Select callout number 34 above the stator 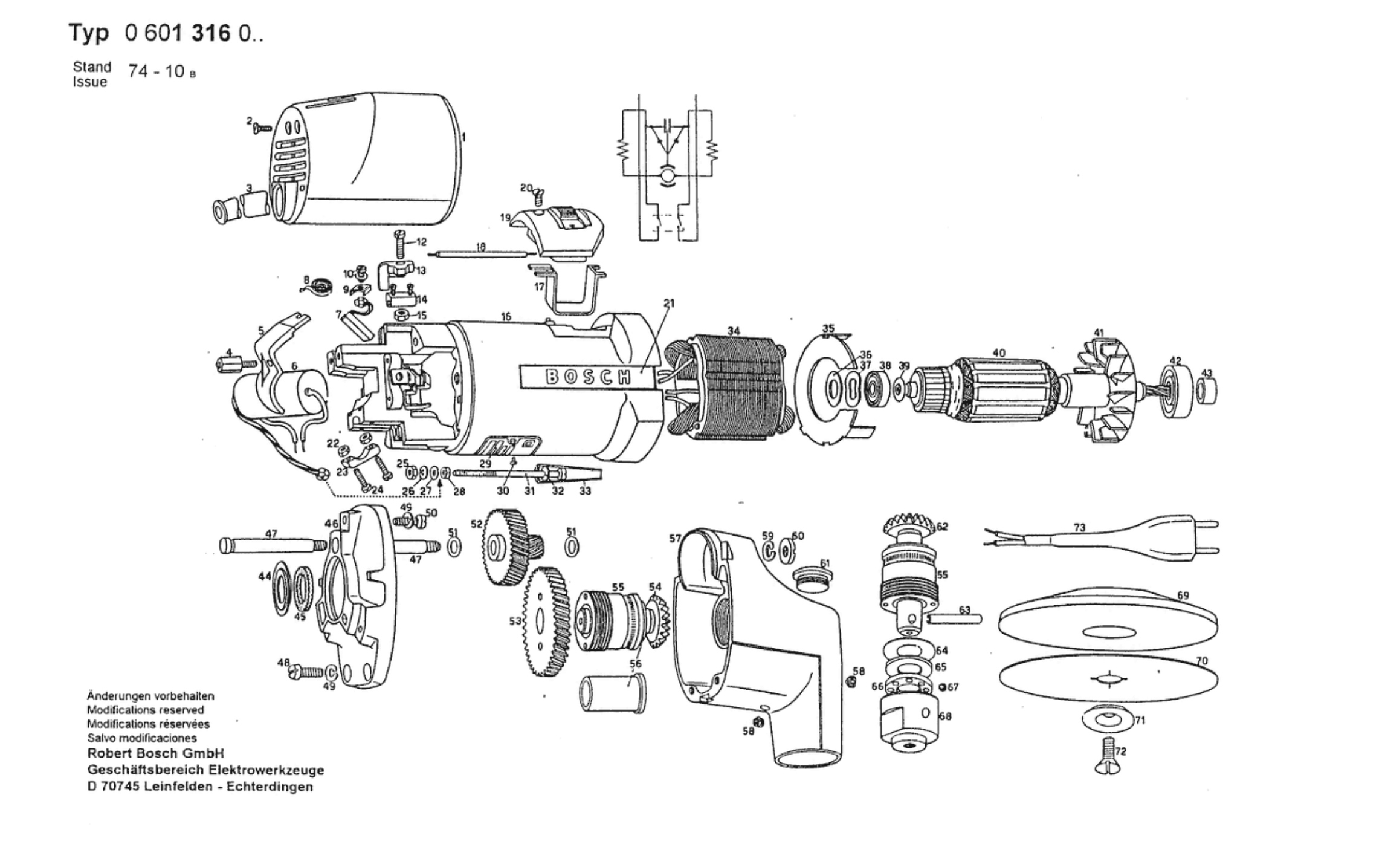coord(733,331)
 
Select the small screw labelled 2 coord(261,128)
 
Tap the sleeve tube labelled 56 coord(612,693)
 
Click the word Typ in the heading coord(89,33)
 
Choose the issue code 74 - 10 coord(157,71)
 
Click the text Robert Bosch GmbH coord(155,753)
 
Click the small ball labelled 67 coord(944,687)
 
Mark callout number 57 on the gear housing coord(674,538)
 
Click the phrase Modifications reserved coord(145,710)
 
